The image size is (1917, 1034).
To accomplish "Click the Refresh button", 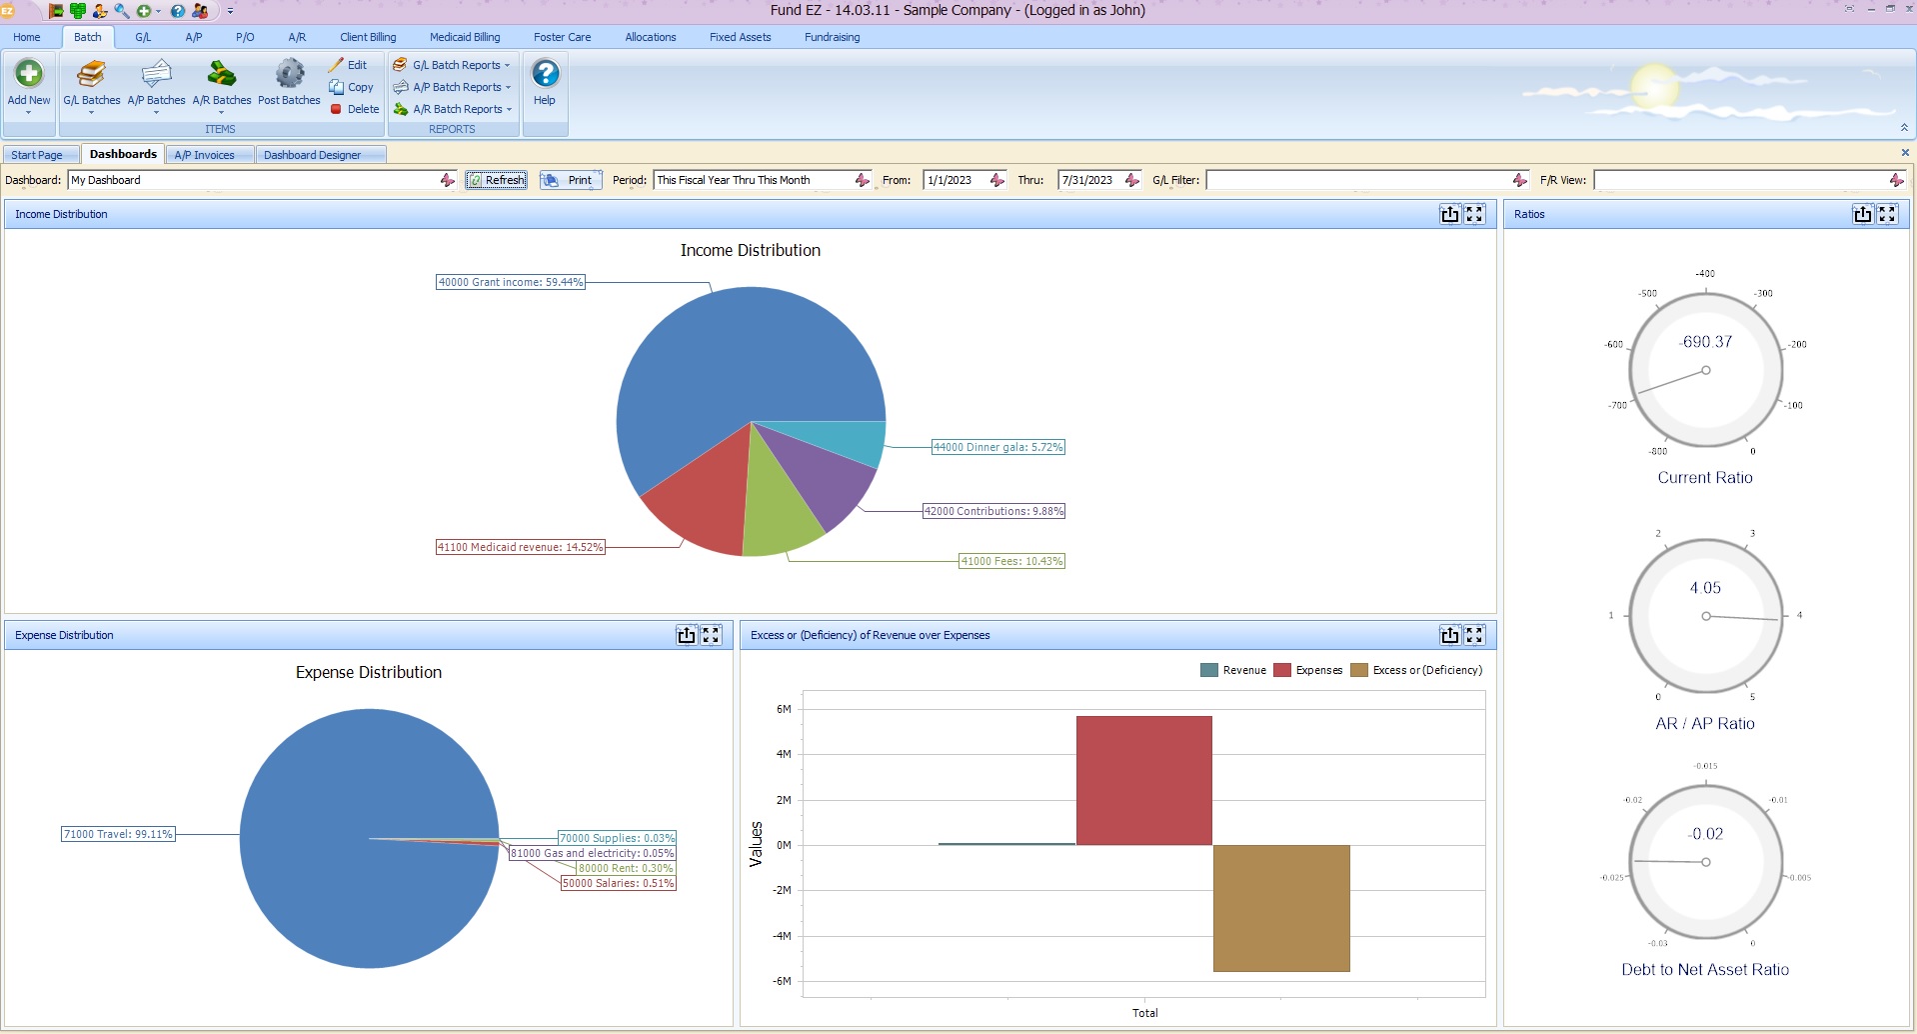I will tap(497, 180).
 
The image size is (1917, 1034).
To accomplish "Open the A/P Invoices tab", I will tap(204, 155).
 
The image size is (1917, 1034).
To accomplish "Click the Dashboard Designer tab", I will tap(312, 155).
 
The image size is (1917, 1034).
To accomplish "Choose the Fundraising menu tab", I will tap(832, 37).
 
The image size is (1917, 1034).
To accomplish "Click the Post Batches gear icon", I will tap(290, 74).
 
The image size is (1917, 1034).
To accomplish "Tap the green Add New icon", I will tap(29, 74).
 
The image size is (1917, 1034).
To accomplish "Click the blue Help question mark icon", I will tap(545, 74).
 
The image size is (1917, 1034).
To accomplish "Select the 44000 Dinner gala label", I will tap(997, 447).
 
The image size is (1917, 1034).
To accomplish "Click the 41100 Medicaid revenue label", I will tap(520, 547).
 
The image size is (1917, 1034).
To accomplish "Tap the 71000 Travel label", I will tap(118, 834).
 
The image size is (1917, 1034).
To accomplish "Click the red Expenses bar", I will tap(1143, 780).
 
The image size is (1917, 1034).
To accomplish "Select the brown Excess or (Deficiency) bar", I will tap(1280, 908).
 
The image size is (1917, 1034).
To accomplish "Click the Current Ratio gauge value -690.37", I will tap(1706, 342).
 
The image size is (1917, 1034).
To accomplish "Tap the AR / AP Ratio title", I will tap(1704, 723).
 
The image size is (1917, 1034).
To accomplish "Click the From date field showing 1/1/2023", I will tap(956, 180).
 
